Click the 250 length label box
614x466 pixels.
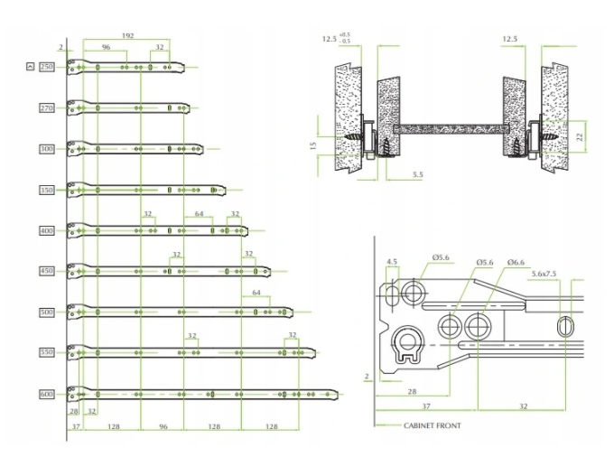coord(47,67)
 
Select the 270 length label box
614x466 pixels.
coord(47,108)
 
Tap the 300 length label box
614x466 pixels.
coord(47,149)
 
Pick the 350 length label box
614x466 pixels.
coord(47,191)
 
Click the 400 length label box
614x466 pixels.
coord(47,231)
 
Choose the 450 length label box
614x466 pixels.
coord(47,272)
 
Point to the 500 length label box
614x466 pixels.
coord(47,312)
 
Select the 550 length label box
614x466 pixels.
coord(47,353)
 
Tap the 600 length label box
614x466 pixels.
coord(47,395)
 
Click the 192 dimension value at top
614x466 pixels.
coord(127,35)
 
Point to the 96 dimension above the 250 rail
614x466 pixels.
coord(106,47)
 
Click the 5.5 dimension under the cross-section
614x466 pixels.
coord(418,173)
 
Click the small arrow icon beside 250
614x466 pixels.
coord(32,67)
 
